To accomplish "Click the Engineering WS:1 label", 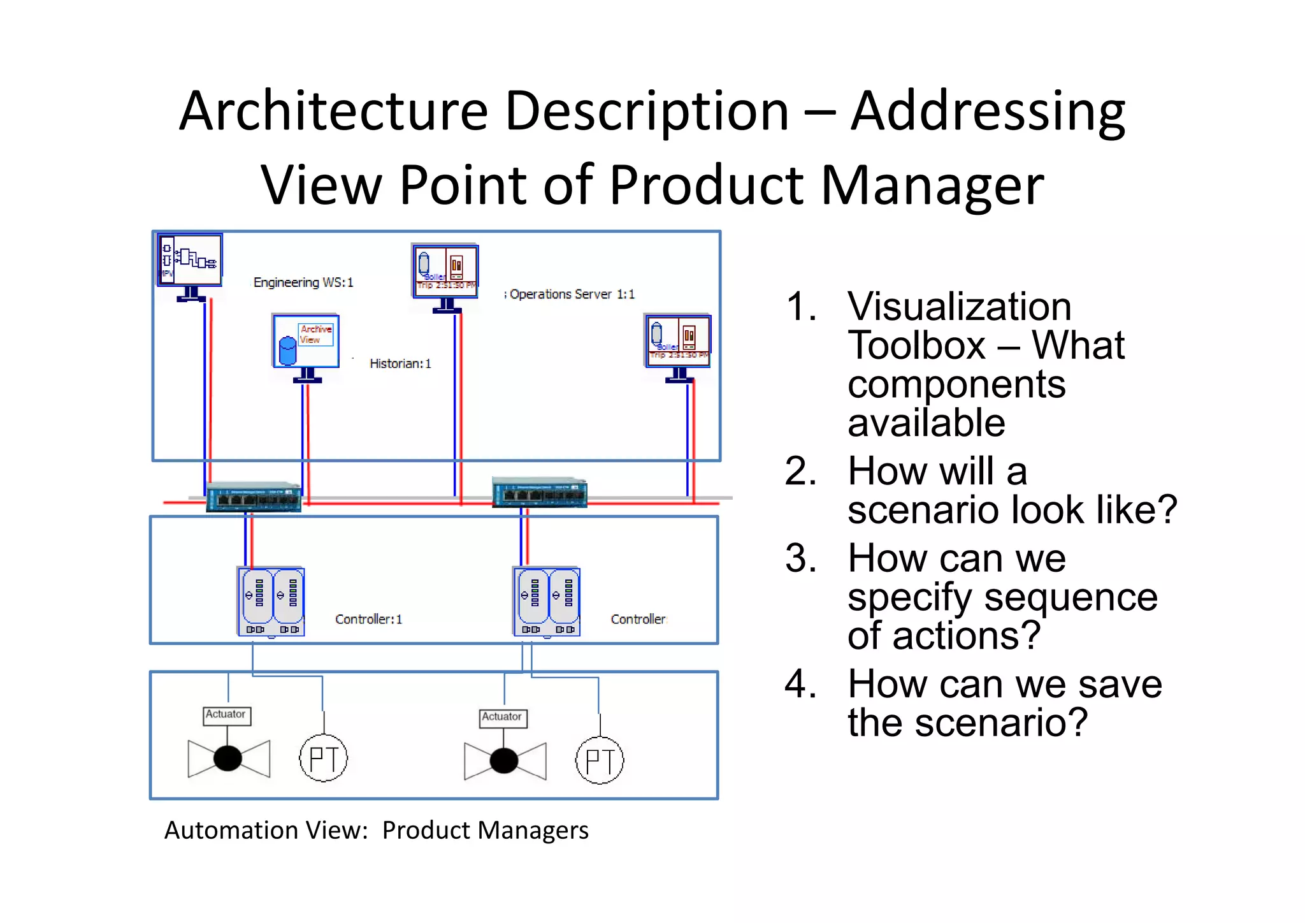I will (303, 282).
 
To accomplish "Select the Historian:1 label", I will (400, 364).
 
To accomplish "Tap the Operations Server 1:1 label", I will (572, 294).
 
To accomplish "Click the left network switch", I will (254, 497).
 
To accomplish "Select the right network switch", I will (540, 493).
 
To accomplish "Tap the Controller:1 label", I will (368, 620).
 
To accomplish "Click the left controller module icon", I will (271, 602).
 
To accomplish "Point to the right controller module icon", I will (547, 602).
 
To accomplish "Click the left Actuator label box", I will (227, 715).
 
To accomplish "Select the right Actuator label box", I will (503, 718).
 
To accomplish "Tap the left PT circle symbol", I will (324, 759).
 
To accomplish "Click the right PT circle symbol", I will (600, 760).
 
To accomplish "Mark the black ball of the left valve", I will (227, 759).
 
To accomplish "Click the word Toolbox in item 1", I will (917, 345).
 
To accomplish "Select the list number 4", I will (800, 684).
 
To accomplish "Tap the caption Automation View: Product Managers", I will (376, 831).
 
